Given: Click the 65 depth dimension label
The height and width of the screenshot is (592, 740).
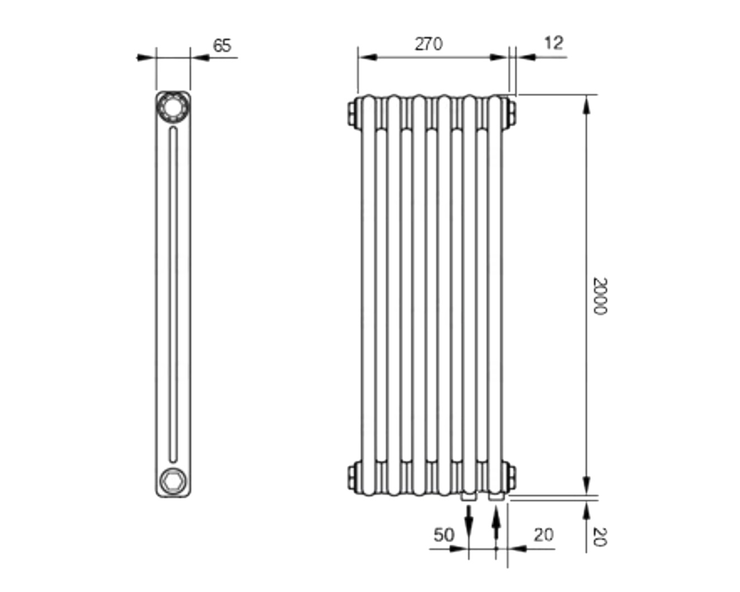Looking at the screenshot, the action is (222, 46).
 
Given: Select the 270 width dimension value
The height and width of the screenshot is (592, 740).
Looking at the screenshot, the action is (428, 44).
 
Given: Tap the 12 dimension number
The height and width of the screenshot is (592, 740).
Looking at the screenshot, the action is (554, 43).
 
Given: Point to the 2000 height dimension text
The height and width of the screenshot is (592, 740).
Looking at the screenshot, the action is (599, 296).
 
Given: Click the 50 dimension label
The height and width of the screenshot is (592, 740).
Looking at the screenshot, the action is (443, 535).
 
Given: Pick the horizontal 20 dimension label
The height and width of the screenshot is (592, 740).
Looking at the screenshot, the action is (544, 535).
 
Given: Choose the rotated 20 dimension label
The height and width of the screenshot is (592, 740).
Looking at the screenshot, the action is (599, 536).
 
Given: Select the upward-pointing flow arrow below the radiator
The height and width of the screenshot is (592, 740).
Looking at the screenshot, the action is (496, 522).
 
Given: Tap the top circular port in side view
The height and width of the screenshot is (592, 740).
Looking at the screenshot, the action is (172, 107).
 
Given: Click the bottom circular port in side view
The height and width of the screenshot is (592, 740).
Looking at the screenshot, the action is (172, 481).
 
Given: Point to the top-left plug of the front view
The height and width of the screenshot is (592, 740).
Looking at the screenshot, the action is (354, 113).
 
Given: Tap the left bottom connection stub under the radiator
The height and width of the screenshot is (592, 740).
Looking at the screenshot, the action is (468, 497).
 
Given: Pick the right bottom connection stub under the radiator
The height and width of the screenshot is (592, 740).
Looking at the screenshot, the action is (496, 497).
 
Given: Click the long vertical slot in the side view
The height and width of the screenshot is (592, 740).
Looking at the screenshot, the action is (173, 294).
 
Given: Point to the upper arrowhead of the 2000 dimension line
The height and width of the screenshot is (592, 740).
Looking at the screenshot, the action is (586, 104).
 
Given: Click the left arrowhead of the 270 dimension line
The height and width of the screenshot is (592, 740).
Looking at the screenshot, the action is (368, 57).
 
